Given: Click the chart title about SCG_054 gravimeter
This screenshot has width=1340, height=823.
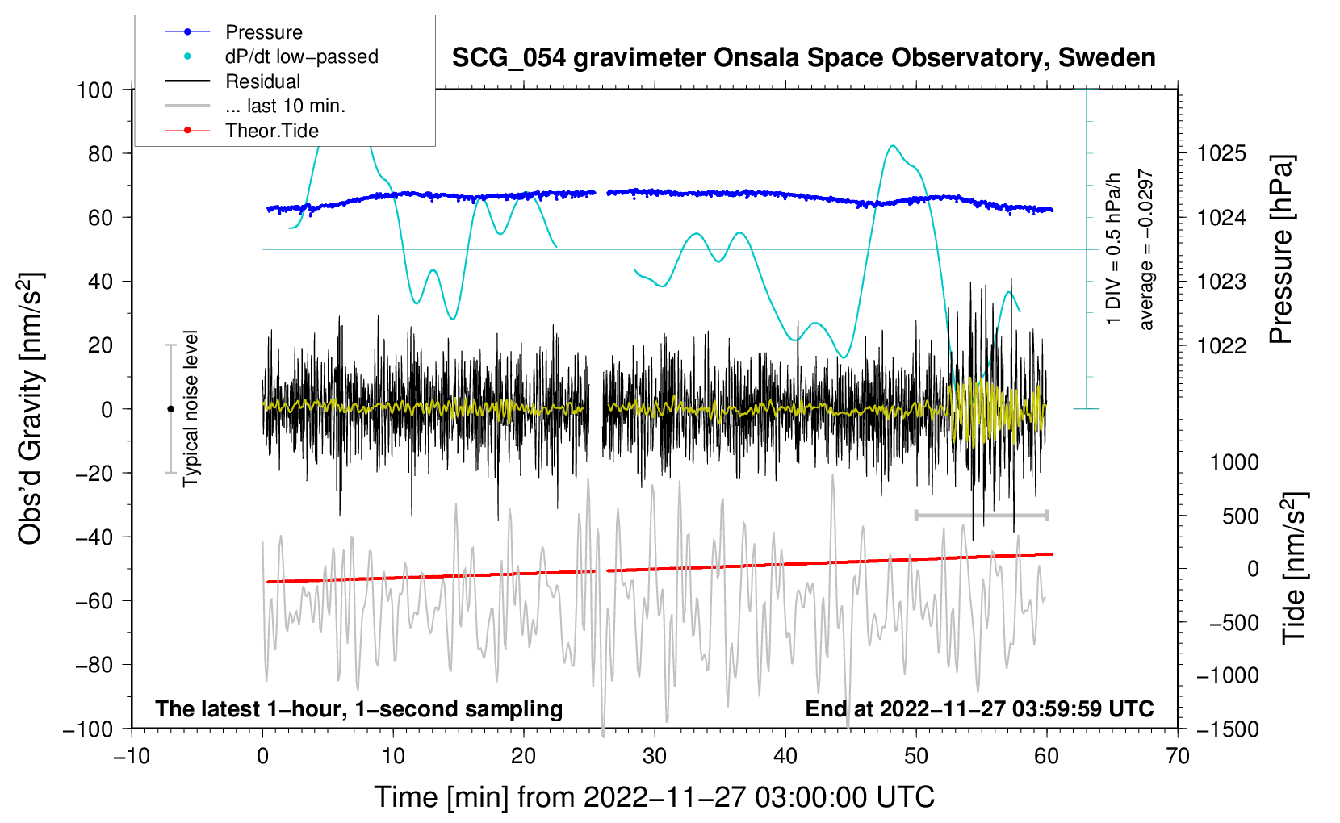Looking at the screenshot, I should click(x=803, y=58).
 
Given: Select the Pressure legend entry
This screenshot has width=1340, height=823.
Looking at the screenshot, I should click(x=264, y=32).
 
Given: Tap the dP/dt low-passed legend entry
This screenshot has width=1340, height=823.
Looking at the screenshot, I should click(x=301, y=56).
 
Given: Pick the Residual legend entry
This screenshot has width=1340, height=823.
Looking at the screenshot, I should click(x=262, y=81).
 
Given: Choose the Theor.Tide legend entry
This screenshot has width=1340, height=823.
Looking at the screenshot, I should click(x=272, y=131).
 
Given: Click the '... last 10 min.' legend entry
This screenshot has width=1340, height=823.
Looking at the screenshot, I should click(x=285, y=106).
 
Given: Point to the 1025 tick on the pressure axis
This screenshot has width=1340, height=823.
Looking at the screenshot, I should click(x=1221, y=153).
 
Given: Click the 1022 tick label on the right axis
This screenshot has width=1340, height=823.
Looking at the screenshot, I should click(x=1221, y=345).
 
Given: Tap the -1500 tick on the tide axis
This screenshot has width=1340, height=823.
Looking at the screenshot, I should click(x=1227, y=729).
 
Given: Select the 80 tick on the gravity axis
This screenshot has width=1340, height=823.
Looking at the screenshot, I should click(x=100, y=153).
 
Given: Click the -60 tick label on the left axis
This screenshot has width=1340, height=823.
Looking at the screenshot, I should click(x=94, y=600).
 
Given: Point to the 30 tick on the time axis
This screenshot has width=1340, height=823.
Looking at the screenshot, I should click(x=655, y=756).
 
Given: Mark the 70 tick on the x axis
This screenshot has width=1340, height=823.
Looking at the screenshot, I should click(x=1178, y=756).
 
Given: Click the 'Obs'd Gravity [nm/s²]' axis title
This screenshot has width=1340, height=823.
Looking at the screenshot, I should click(x=31, y=408).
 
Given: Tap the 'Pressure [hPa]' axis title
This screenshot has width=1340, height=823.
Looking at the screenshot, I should click(x=1281, y=250).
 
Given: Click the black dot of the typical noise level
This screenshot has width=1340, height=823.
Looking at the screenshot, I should click(x=170, y=409).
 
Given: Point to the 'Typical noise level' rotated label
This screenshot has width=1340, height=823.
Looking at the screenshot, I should click(x=191, y=408).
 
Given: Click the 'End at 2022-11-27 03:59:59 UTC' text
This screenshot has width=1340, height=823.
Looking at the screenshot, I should click(x=979, y=708).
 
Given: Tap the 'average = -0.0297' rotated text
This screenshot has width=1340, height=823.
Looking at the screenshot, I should click(x=1146, y=250).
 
